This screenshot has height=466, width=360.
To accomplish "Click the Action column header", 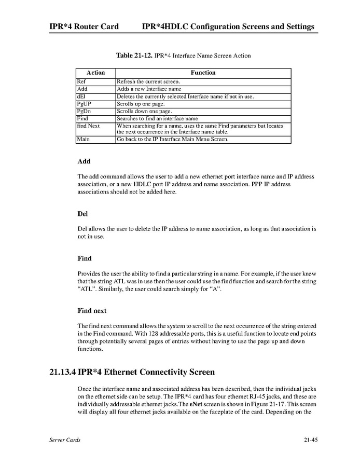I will point(95,73).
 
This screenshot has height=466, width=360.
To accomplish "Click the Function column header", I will point(203,73).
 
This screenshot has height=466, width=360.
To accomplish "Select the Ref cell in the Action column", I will point(81,81).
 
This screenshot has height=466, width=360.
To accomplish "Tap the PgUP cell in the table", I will point(84,104).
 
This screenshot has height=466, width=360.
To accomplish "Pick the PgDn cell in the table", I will point(84,111).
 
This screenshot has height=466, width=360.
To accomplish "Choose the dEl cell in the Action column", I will point(82,96).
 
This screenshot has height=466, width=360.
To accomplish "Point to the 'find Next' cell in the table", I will point(89,126).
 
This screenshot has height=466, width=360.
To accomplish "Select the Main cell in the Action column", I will point(83,139).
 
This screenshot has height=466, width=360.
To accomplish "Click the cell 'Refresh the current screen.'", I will point(148,81).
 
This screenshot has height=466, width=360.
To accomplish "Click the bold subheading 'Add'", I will point(84,161).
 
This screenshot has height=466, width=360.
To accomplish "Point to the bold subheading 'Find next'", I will point(92,311).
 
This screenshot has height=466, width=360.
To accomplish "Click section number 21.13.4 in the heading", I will point(62,372).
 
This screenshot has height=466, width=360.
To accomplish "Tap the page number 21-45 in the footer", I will point(311,440).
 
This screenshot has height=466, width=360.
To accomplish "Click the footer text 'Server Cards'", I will point(65,440).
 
